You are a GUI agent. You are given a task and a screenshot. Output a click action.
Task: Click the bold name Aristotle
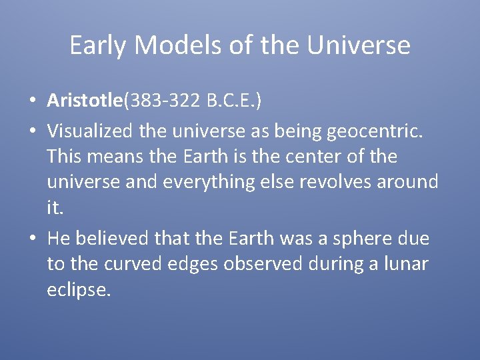pos(85,101)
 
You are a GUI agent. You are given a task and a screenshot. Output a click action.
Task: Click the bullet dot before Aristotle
pos(33,101)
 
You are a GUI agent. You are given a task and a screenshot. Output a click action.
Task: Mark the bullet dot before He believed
pos(33,239)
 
